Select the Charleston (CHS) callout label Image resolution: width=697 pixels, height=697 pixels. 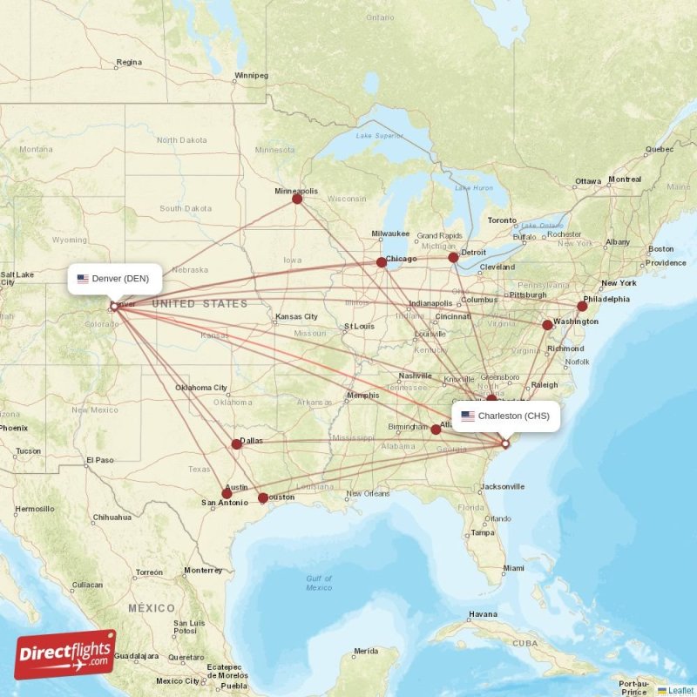[x=505, y=416]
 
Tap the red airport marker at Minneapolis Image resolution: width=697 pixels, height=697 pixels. [x=297, y=199]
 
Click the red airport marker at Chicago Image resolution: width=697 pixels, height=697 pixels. [x=382, y=262]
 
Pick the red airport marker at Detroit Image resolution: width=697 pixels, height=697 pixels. [x=453, y=257]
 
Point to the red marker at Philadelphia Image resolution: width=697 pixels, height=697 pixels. [x=582, y=306]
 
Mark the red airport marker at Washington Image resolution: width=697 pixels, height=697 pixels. [x=547, y=325]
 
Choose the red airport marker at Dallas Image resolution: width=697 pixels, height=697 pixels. [x=236, y=444]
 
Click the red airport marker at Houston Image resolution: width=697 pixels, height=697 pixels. [x=263, y=498]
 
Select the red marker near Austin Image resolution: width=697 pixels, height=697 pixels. [x=227, y=493]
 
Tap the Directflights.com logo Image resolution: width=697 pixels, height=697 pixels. [x=64, y=654]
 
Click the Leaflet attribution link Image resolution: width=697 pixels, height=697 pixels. [x=680, y=690]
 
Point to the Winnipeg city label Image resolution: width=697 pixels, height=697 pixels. [x=252, y=76]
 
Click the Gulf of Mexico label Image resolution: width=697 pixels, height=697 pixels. [x=319, y=583]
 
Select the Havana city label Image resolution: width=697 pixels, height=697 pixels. [x=483, y=614]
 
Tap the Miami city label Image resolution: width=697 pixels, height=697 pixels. [x=513, y=568]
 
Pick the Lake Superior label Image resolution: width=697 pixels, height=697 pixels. [x=380, y=135]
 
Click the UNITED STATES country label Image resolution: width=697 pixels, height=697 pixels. [x=200, y=304]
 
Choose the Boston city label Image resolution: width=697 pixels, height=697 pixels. [x=660, y=249]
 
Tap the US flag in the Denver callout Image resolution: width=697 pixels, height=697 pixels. [x=83, y=279]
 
